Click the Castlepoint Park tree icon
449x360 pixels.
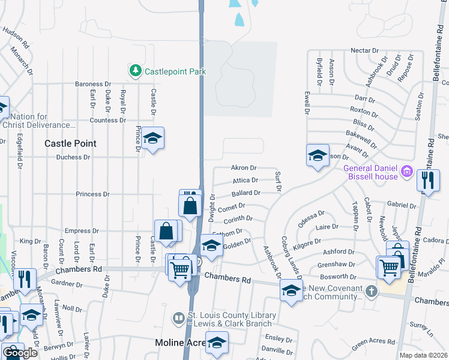[136, 71]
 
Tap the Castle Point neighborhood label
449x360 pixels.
[70, 143]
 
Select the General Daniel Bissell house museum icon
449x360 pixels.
[407, 172]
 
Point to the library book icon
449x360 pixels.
[178, 317]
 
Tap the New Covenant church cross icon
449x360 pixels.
[372, 292]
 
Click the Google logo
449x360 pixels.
[20, 353]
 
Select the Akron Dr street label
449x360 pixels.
[244, 168]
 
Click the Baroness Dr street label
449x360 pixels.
[93, 84]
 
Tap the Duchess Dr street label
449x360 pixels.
[73, 157]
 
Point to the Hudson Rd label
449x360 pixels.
[16, 37]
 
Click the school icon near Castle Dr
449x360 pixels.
[152, 138]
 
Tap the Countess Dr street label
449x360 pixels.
[107, 120]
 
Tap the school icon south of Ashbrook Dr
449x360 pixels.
[291, 291]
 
